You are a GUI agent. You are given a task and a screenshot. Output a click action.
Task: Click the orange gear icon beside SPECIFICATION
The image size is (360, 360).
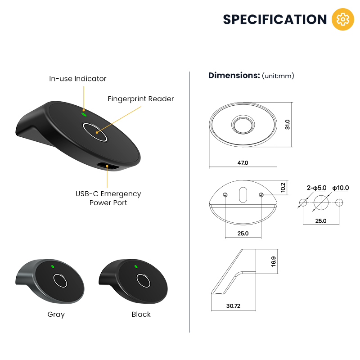pos(343,19)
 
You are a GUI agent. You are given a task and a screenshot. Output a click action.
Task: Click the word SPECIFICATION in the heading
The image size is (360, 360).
pos(275,19)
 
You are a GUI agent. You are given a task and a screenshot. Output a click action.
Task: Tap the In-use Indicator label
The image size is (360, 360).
pos(77,78)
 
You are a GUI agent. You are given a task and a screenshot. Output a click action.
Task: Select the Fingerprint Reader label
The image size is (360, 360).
pos(140,99)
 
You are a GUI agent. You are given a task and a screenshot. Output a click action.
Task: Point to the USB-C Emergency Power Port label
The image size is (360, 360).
pos(108,198)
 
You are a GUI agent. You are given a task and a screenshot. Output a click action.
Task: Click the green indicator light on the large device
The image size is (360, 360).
pos(84,114)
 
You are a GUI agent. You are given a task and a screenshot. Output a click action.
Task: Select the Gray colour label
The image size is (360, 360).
pos(56,315)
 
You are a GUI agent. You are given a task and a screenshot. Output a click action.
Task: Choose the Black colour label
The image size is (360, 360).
pos(141,314)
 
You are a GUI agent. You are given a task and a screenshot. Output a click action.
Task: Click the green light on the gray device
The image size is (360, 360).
pos(53,266)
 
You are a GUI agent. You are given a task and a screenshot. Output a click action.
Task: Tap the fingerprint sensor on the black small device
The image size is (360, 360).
pos(143,280)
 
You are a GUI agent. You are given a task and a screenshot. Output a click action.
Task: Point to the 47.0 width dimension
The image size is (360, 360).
pos(243,163)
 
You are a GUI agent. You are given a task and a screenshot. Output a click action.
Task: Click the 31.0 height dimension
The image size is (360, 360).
pos(288,125)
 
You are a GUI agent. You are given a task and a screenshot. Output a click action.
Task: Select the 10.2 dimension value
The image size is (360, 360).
pos(283,187)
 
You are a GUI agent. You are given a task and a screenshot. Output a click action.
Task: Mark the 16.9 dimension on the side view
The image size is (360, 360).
pos(273,261)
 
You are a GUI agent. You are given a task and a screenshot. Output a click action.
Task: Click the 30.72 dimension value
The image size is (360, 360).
pos(233,306)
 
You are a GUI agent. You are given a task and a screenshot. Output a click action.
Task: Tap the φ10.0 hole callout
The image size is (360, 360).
pos(341,188)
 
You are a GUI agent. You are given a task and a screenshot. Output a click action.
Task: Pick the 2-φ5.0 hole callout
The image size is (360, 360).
pos(317,188)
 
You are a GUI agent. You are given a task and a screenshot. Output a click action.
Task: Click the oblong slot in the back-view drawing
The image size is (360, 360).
pos(243,195)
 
